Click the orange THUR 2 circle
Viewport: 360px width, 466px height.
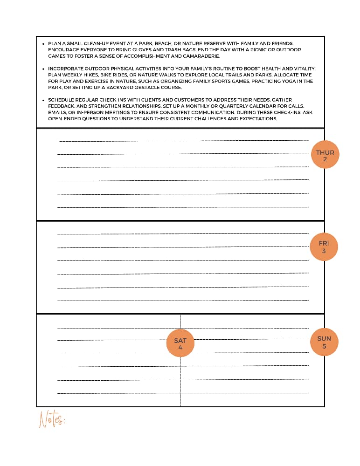pos(325,155)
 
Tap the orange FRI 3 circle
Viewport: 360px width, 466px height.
pos(324,247)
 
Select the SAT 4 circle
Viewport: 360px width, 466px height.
pos(180,343)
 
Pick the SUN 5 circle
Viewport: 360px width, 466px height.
pos(324,342)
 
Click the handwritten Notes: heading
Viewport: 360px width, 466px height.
pos(51,419)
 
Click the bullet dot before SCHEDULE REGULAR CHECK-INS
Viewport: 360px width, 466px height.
pos(43,100)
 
